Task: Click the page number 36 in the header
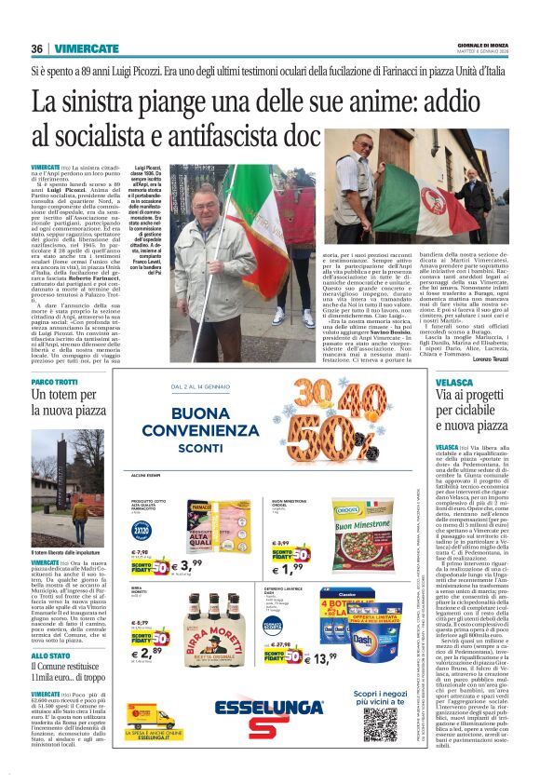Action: click(38, 48)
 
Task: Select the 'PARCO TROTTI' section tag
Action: click(55, 383)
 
